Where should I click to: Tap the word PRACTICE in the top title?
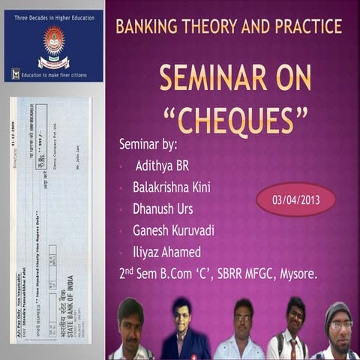click(305, 27)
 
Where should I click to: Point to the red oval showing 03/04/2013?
click(295, 199)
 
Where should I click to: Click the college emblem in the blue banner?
click(53, 42)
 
